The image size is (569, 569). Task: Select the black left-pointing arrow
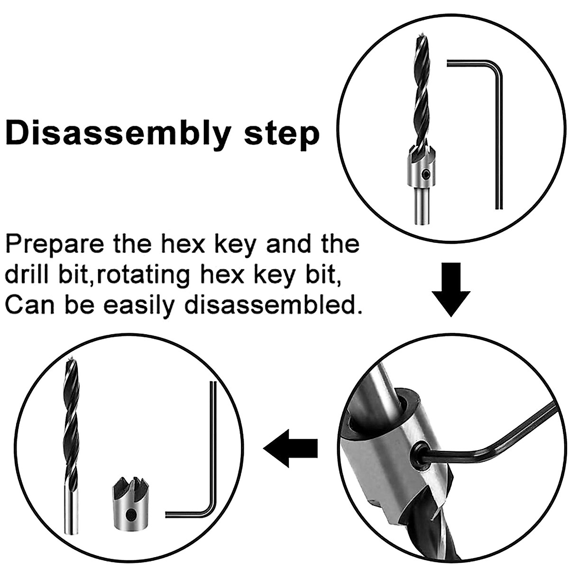(x=290, y=448)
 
